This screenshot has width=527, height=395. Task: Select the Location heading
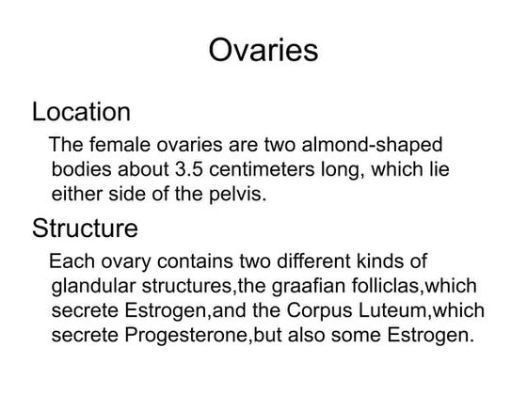(81, 113)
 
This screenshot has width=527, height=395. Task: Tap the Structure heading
(85, 228)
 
